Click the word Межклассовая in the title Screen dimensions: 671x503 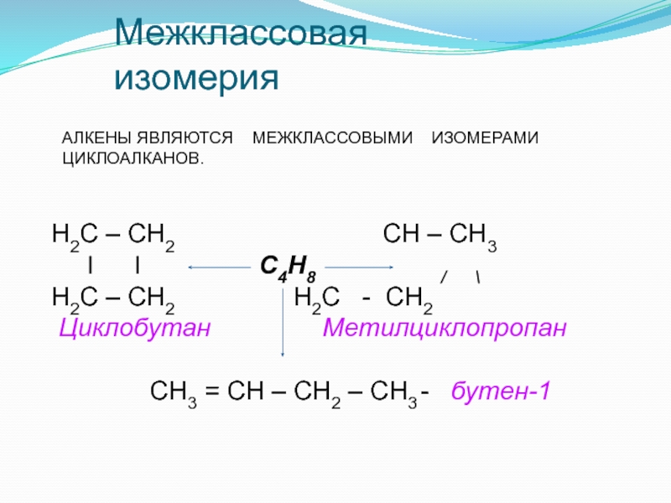[242, 36]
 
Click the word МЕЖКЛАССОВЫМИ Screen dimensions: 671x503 [334, 137]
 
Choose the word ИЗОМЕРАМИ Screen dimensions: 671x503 [484, 137]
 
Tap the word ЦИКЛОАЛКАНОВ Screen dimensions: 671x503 [133, 158]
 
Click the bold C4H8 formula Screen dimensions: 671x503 [289, 268]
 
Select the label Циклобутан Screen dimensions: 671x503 [133, 326]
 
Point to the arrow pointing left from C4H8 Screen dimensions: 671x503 [221, 268]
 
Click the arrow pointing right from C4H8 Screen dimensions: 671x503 [360, 268]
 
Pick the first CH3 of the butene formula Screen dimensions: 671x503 [174, 392]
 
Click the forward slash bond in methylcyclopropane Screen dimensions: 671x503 [445, 277]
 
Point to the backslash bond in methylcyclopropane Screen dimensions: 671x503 [477, 277]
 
